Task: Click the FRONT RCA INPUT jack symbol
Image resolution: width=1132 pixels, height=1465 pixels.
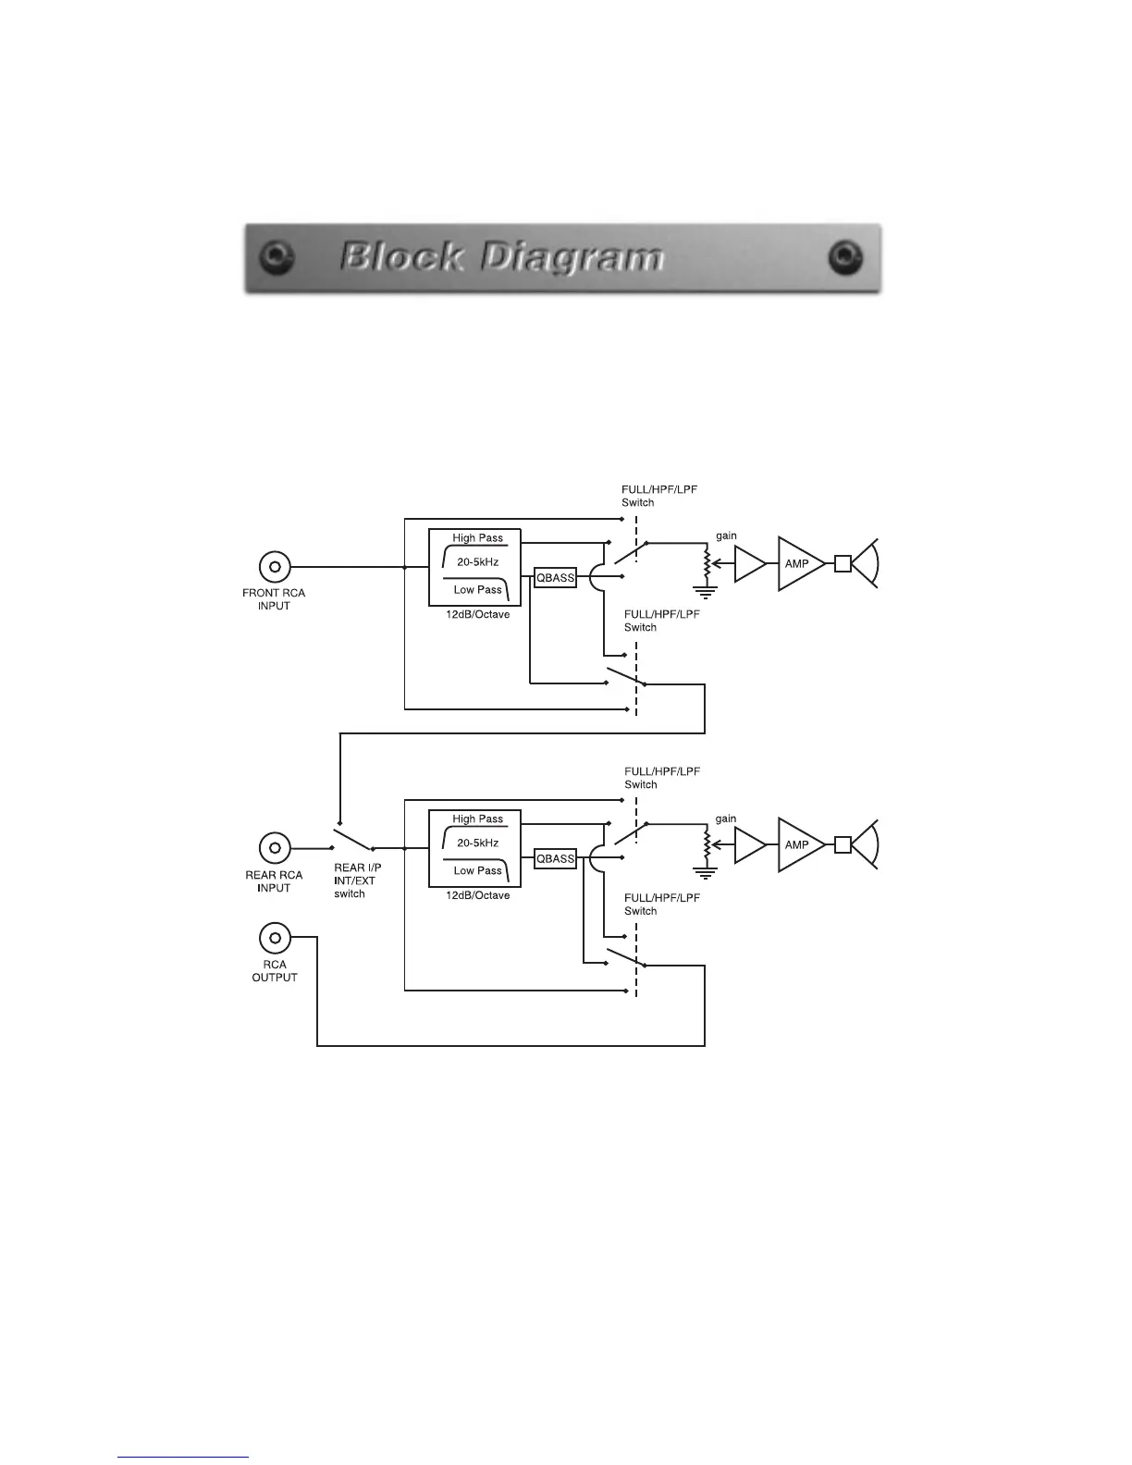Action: click(275, 566)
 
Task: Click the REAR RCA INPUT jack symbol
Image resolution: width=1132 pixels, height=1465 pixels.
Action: click(275, 847)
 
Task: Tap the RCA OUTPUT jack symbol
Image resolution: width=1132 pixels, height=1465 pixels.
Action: click(275, 938)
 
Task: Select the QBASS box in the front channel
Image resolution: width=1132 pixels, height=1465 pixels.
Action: click(556, 578)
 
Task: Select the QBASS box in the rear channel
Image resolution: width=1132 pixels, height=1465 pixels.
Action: click(556, 858)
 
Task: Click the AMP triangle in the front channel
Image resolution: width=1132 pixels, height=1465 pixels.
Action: click(798, 563)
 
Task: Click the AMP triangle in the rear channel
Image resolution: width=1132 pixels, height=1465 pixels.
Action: click(798, 844)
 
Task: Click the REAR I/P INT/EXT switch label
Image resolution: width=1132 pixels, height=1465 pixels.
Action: click(356, 881)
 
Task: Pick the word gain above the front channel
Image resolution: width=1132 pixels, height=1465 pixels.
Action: click(726, 536)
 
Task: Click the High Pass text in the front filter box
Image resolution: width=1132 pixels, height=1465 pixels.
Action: click(477, 538)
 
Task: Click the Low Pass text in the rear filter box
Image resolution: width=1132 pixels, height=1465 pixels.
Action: click(477, 870)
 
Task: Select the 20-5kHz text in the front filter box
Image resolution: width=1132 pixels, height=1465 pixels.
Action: click(477, 562)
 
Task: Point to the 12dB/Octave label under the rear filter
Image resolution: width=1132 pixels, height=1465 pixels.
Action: click(477, 895)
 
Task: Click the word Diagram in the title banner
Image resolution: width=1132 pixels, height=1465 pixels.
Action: click(572, 257)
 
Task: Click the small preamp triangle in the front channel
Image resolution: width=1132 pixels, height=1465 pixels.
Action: click(748, 563)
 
